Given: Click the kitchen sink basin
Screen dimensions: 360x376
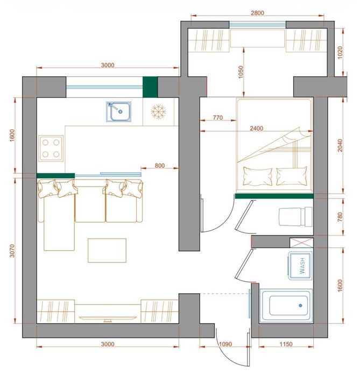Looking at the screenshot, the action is pos(118,111).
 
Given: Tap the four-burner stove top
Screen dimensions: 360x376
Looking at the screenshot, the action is pos(51,148).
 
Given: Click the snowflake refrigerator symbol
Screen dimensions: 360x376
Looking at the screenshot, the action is pos(158,111).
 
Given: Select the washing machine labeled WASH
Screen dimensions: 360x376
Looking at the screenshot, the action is pos(300,265).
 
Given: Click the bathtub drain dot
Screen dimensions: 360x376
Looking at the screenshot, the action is pos(300,306).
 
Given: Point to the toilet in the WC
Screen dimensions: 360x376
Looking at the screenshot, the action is pos(295,217).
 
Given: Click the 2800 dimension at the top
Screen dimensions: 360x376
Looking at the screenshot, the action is pos(257,13).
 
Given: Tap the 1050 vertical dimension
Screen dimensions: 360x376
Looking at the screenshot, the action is pos(241,72).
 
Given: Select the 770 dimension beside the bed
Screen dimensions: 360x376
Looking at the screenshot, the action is pos(218,117).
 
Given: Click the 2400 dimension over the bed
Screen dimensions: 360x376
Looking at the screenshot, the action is pos(256,128).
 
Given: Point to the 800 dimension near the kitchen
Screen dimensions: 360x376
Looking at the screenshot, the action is pos(160,166).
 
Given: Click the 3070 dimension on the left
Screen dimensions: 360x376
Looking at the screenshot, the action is pos(12,251).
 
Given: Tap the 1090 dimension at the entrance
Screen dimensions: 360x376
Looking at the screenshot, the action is pos(225,344).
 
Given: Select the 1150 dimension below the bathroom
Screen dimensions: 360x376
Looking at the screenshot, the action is pos(286,344).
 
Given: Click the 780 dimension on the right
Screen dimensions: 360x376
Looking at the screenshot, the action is pos(340,217).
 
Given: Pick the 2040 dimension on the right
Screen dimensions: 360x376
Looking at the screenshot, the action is pos(340,145).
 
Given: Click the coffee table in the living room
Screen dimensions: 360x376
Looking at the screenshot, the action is pos(107,250).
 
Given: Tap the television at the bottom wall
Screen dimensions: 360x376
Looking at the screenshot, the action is pos(108,318).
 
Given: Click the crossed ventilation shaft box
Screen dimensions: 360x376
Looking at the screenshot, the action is pos(301,243).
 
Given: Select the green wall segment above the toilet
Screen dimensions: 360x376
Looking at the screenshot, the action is pos(274,196).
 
